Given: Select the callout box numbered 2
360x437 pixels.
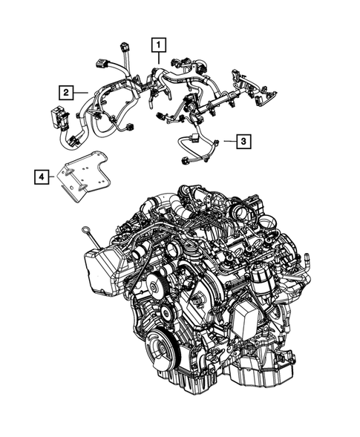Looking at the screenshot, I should pos(67,92).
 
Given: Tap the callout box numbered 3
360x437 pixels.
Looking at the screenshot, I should pos(243,139).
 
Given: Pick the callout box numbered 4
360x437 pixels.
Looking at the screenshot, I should pos(42,177).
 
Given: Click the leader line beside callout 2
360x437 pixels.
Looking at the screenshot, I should pos(82,92).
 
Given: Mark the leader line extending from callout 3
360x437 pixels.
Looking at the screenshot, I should pos(226,140).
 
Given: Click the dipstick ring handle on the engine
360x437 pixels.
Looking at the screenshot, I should pos(88,231).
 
